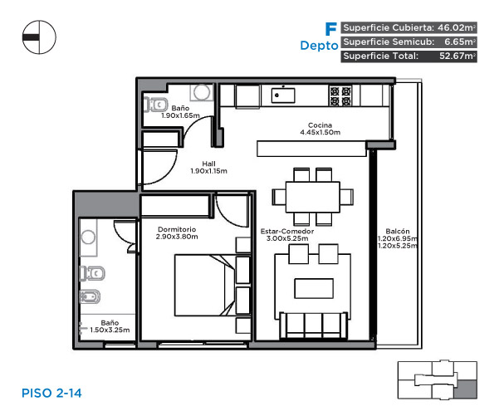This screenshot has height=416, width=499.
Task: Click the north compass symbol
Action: click(39, 37)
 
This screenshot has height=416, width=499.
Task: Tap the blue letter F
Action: click(331, 29)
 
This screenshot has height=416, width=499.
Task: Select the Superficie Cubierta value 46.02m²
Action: click(457, 27)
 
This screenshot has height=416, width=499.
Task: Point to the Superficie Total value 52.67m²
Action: click(457, 56)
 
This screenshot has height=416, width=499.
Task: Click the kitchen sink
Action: click(283, 95)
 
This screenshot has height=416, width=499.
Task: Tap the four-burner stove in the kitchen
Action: click(340, 95)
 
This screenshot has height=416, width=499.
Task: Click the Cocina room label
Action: click(320, 125)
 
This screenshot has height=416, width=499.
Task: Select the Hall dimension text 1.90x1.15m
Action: click(208, 171)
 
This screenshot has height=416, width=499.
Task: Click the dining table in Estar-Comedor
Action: click(313, 197)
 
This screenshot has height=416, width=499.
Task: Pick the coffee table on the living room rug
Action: click(314, 288)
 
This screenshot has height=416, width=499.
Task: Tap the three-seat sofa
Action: click(314, 325)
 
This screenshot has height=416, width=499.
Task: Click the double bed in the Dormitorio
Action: click(205, 285)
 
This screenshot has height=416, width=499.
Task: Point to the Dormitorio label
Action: click(177, 229)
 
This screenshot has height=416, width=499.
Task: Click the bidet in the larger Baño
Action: click(90, 297)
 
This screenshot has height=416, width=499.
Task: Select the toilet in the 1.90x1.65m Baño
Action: click(155, 105)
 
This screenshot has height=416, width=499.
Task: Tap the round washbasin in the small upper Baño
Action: click(202, 92)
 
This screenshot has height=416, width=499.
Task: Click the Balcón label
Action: click(397, 231)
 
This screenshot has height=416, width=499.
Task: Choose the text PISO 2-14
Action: click(51, 393)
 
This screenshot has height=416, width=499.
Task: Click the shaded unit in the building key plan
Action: click(465, 389)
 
